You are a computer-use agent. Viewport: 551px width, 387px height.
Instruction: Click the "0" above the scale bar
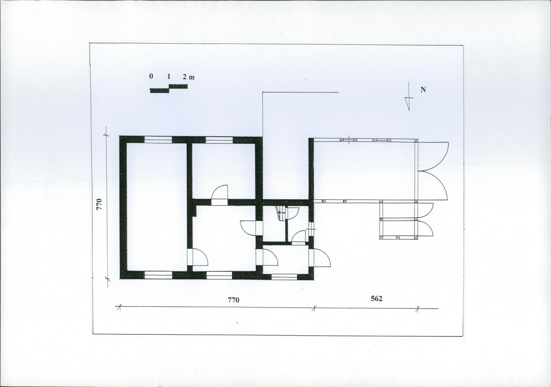click(x=151, y=76)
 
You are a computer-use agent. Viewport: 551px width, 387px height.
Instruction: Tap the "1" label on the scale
click(x=169, y=76)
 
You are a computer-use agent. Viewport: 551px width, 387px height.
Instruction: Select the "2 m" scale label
click(x=188, y=77)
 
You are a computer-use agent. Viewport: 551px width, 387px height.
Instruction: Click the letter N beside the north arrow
click(x=423, y=90)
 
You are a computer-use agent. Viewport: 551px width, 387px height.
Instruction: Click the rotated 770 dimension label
click(x=99, y=204)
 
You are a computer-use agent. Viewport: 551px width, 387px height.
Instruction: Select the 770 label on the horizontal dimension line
click(x=233, y=300)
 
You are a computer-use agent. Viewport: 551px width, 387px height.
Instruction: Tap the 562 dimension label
click(x=376, y=298)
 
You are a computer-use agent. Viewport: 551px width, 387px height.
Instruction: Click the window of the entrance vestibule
click(x=284, y=277)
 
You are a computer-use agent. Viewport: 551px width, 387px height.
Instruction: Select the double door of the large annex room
click(x=433, y=171)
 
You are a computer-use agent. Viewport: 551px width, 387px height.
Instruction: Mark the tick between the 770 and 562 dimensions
click(x=314, y=308)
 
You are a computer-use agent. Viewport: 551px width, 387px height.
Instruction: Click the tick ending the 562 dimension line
click(x=418, y=308)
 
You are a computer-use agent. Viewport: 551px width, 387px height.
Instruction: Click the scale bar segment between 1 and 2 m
click(x=178, y=86)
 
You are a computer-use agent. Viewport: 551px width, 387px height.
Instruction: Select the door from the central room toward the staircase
click(x=251, y=228)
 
